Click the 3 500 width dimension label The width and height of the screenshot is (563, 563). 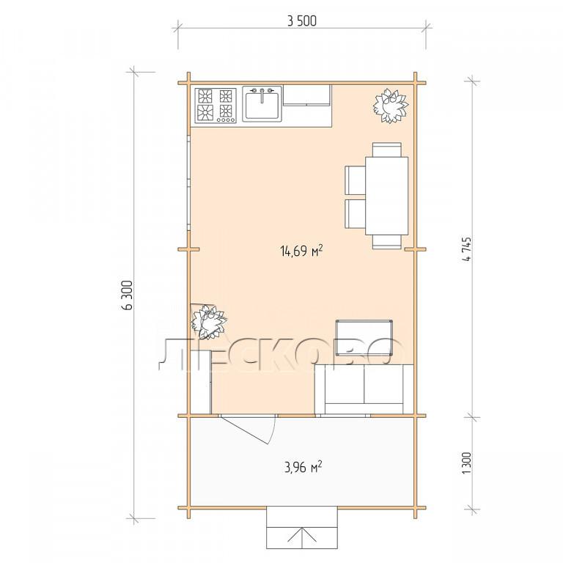pyautogui.click(x=302, y=21)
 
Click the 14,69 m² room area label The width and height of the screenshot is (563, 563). pyautogui.click(x=301, y=251)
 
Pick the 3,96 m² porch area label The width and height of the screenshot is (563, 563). pyautogui.click(x=303, y=468)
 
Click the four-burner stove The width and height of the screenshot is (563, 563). pyautogui.click(x=216, y=106)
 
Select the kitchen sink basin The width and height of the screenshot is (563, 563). pyautogui.click(x=262, y=106)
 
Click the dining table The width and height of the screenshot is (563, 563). pyautogui.click(x=387, y=196)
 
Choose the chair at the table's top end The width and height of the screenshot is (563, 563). pyautogui.click(x=387, y=150)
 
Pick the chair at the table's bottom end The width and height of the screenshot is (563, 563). pyautogui.click(x=387, y=242)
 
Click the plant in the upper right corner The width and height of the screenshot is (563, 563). pyautogui.click(x=391, y=106)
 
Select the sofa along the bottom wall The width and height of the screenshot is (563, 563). pyautogui.click(x=364, y=389)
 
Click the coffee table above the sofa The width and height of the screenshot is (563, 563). pyautogui.click(x=364, y=337)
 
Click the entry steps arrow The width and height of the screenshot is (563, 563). pyautogui.click(x=302, y=538)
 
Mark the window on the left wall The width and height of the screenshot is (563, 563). pyautogui.click(x=188, y=182)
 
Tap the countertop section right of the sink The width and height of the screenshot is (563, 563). pyautogui.click(x=307, y=96)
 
